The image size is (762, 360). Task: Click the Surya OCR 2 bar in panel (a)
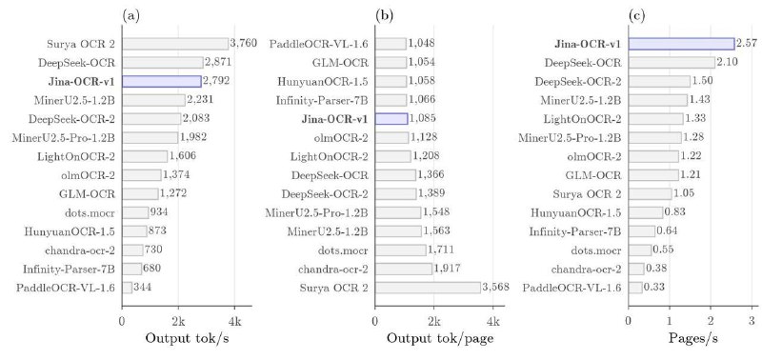pyautogui.click(x=175, y=44)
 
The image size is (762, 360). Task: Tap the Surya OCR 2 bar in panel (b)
pyautogui.click(x=428, y=288)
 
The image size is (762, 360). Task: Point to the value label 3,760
pyautogui.click(x=243, y=44)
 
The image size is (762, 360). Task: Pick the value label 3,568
pyautogui.click(x=495, y=288)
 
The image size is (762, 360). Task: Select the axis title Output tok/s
pyautogui.click(x=187, y=339)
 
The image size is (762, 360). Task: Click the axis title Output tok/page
pyautogui.click(x=440, y=339)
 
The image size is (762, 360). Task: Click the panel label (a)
pyautogui.click(x=131, y=16)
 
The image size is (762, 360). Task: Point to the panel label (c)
pyautogui.click(x=637, y=16)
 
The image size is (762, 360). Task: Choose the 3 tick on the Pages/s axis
pyautogui.click(x=752, y=321)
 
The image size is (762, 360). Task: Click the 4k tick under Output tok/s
pyautogui.click(x=234, y=321)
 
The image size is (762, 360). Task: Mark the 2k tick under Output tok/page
pyautogui.click(x=434, y=321)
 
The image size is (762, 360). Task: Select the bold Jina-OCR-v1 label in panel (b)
pyautogui.click(x=335, y=119)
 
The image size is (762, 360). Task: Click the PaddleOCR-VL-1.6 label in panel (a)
pyautogui.click(x=66, y=288)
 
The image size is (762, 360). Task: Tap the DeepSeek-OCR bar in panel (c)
pyautogui.click(x=672, y=63)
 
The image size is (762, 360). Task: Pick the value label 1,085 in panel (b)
pyautogui.click(x=422, y=119)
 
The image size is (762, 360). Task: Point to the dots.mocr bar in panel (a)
pyautogui.click(x=135, y=212)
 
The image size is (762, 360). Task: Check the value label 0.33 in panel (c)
pyautogui.click(x=654, y=288)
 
